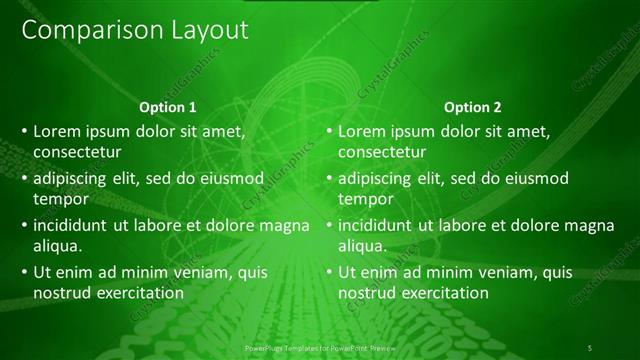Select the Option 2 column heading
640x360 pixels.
coord(473,107)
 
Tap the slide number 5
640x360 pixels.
coord(590,347)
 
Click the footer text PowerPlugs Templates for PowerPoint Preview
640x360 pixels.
coord(320,347)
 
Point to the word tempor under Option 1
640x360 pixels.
coord(60,199)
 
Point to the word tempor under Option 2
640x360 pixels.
coord(365,199)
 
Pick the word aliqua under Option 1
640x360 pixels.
coord(58,246)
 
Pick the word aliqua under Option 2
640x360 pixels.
coord(363,246)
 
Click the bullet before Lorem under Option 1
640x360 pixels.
coord(23,131)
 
